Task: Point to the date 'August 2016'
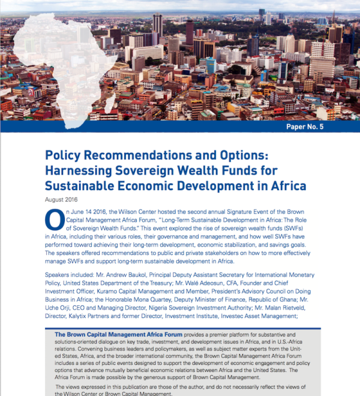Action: pyautogui.click(x=64, y=200)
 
